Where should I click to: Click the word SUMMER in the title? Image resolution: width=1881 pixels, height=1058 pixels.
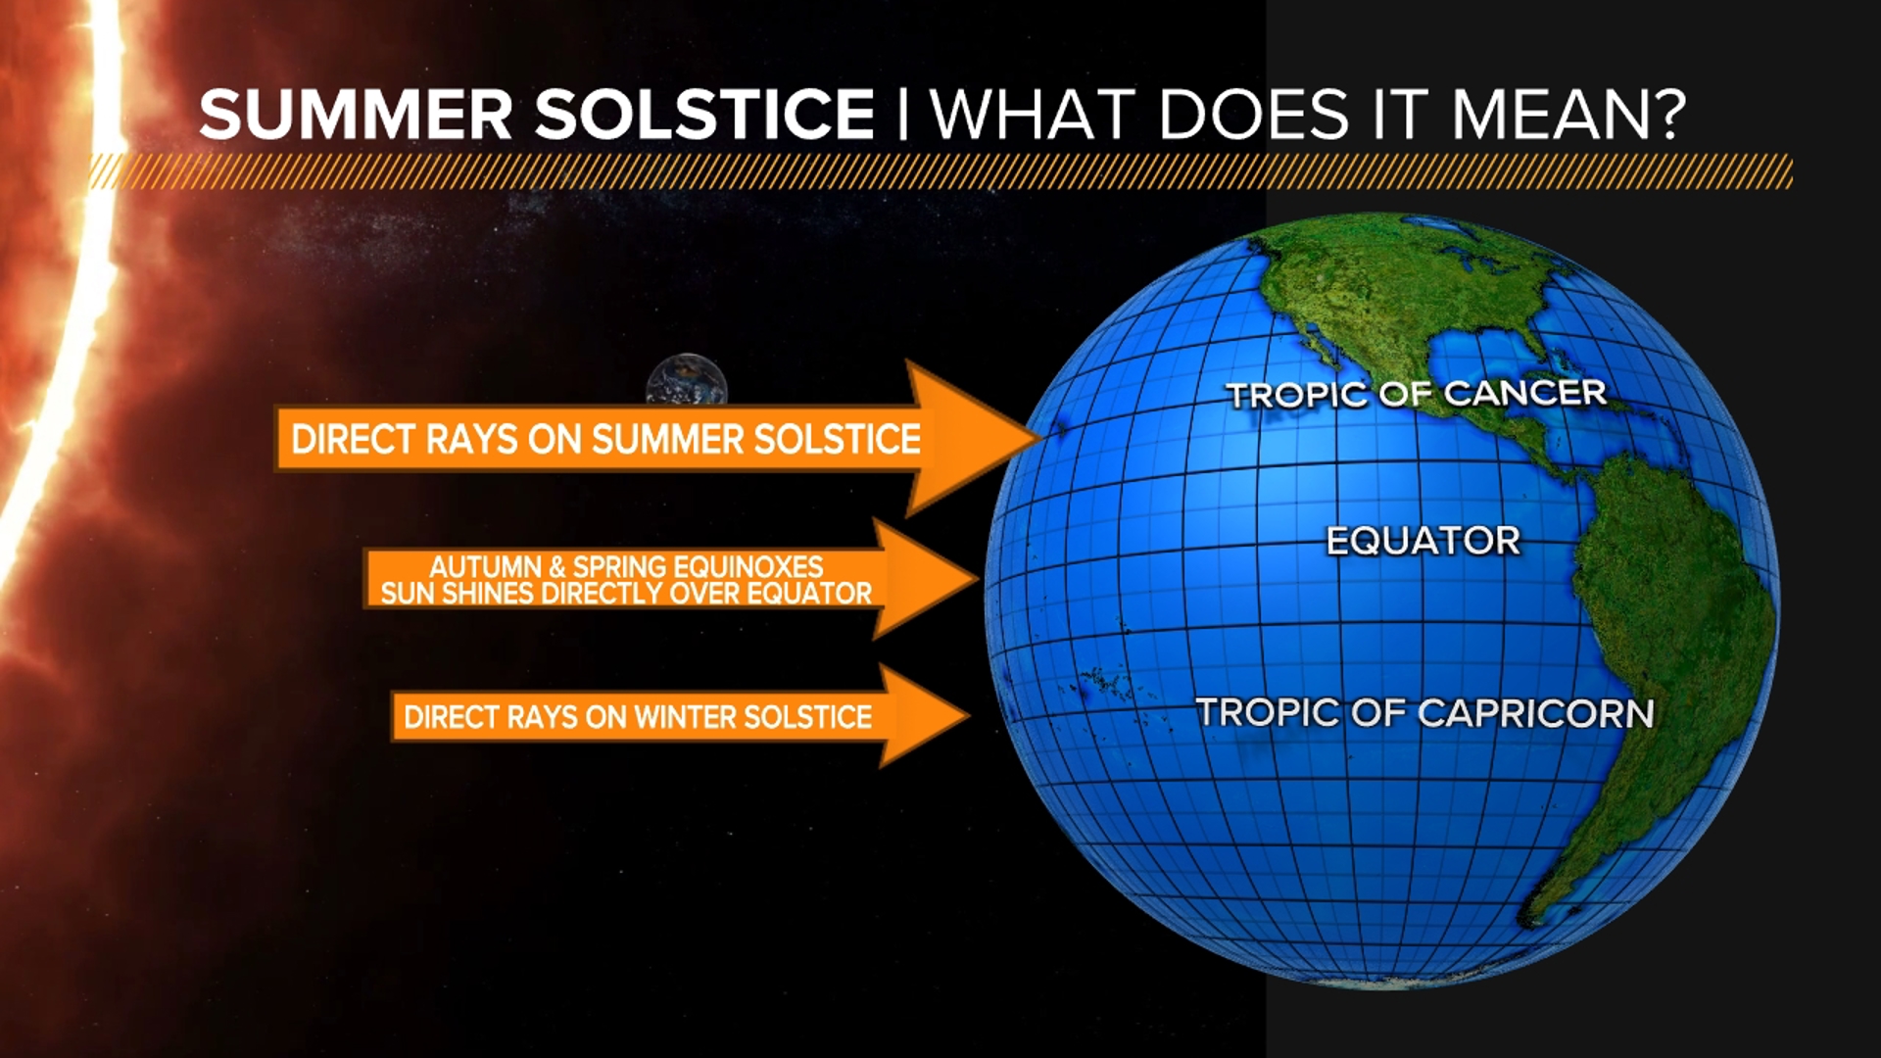click(x=356, y=115)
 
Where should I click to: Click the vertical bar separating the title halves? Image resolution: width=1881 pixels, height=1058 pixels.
click(x=903, y=115)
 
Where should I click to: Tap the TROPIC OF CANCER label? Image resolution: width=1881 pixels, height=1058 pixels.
click(x=1416, y=395)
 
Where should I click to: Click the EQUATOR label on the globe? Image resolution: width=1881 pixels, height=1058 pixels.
click(x=1423, y=541)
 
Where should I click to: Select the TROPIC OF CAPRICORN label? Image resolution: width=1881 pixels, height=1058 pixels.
click(x=1424, y=713)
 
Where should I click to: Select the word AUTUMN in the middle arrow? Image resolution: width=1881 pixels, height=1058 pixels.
click(x=485, y=566)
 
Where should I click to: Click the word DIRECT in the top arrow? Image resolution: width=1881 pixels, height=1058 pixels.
click(x=353, y=439)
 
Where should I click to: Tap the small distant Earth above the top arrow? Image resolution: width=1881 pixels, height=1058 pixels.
click(x=687, y=380)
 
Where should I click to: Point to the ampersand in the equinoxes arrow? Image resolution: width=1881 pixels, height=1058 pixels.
click(x=556, y=566)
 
